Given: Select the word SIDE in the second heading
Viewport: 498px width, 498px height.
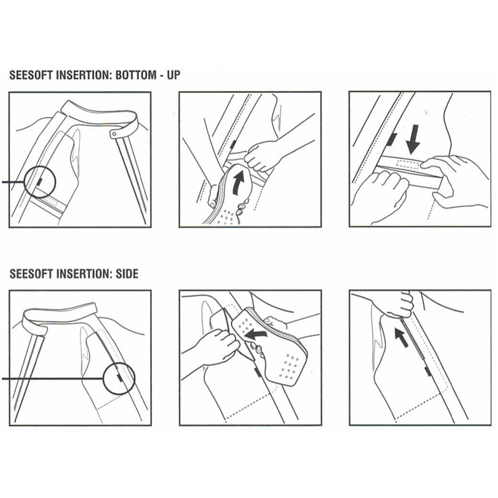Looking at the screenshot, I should tap(126, 274).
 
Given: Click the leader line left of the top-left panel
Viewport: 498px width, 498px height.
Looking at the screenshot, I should tap(12, 182).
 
